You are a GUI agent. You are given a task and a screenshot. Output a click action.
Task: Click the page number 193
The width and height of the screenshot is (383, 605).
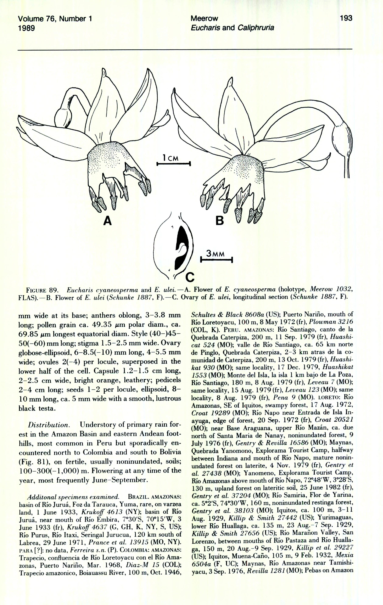coord(346,18)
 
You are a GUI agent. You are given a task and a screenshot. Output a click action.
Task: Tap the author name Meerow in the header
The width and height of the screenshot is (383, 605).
coord(204,19)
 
